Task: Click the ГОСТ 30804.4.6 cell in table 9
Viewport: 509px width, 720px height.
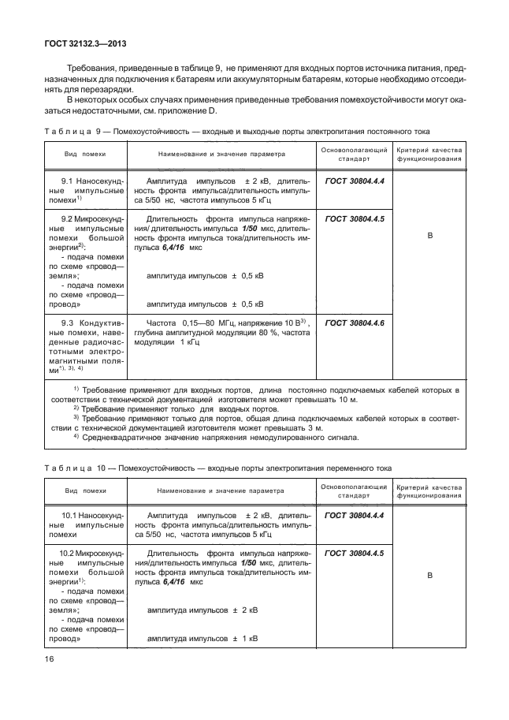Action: [x=354, y=323]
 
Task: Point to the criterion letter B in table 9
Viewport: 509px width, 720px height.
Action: [x=430, y=235]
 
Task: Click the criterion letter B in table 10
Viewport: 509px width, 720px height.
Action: [x=430, y=576]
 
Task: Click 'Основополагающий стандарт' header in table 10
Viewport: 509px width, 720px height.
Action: [x=354, y=489]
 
